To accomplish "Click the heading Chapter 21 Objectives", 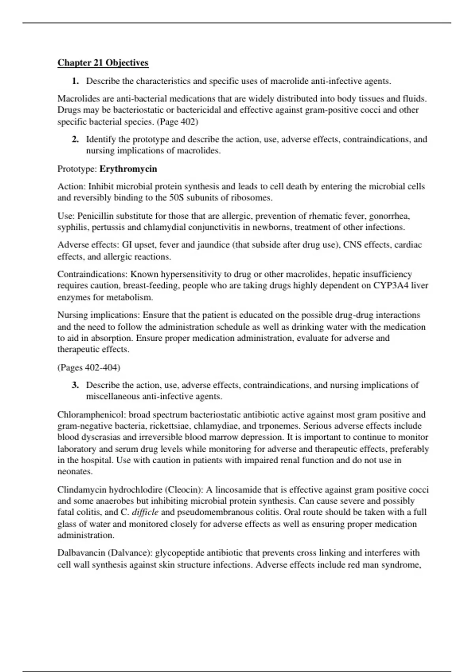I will click(x=103, y=63).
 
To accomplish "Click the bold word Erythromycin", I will click(x=128, y=169).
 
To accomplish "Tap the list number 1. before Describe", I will click(x=75, y=81).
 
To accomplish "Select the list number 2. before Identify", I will click(x=75, y=140).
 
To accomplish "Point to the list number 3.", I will click(x=75, y=385).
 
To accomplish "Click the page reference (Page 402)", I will click(x=177, y=122).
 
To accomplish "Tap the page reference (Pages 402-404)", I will click(x=89, y=368).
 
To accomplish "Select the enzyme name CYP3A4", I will click(x=391, y=286).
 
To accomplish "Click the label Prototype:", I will click(x=77, y=169).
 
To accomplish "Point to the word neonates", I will click(x=75, y=472).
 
